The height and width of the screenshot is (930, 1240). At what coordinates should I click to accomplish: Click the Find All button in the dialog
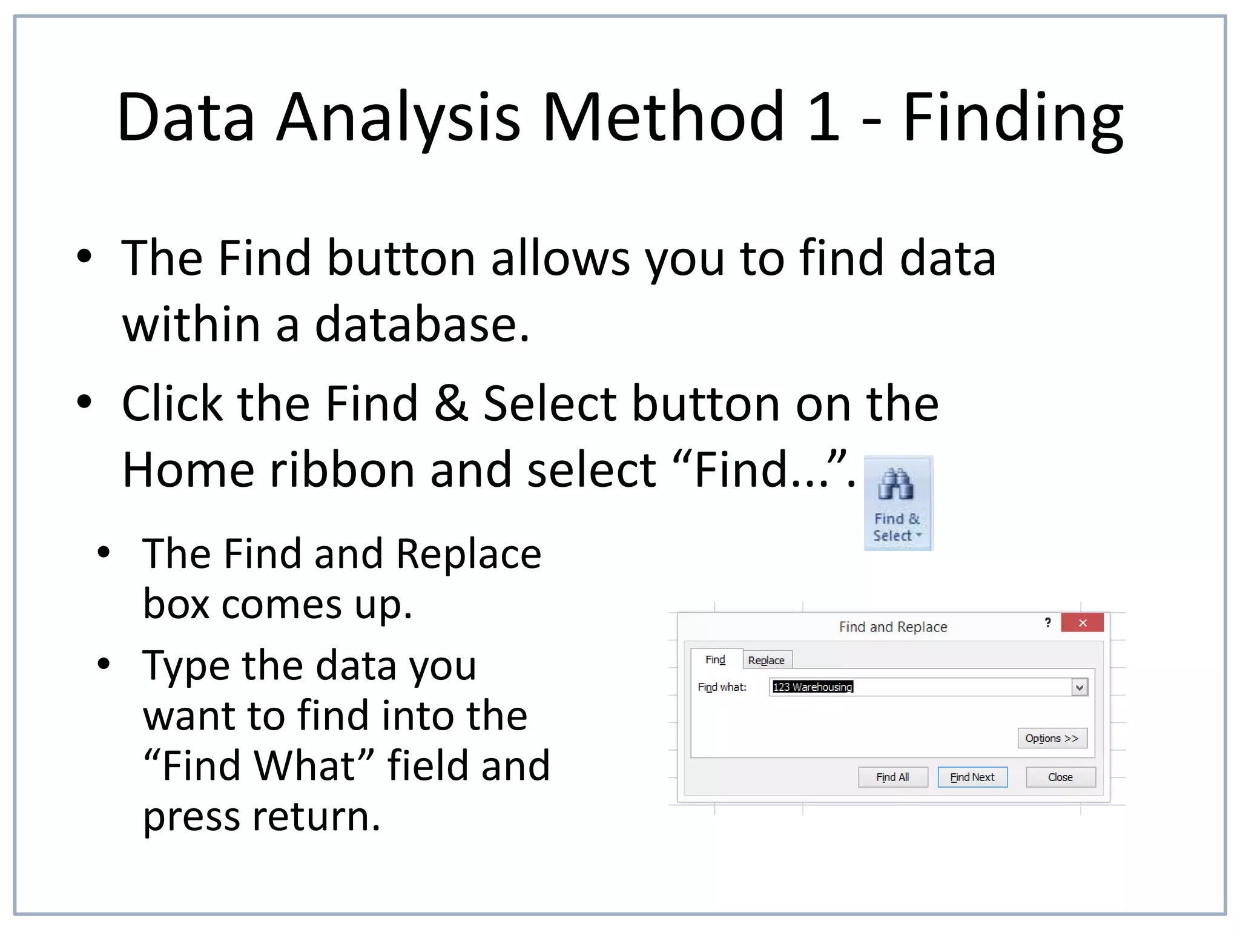point(892,777)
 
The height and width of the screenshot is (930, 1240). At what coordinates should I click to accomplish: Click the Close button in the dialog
point(1060,777)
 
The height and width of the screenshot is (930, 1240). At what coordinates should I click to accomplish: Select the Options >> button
point(1052,738)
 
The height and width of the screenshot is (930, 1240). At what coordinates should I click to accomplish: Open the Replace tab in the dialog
point(766,660)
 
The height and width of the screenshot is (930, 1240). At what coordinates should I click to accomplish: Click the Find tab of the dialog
point(715,659)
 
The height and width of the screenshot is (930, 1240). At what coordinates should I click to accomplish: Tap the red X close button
point(1082,623)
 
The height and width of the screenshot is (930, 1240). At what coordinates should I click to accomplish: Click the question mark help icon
point(1047,623)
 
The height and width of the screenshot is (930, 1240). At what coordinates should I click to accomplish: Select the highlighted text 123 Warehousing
point(813,687)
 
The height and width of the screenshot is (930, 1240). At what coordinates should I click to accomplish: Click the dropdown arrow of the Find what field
point(1080,687)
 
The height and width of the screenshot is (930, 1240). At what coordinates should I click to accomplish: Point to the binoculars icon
point(896,484)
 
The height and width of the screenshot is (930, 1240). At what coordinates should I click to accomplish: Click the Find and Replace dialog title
point(893,627)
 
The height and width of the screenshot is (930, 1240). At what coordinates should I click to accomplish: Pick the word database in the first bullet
point(422,325)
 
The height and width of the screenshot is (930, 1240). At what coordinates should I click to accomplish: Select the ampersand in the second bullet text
point(451,403)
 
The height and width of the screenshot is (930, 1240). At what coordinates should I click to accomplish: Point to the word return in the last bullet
point(316,816)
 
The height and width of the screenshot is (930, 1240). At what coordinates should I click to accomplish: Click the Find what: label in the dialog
point(722,687)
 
